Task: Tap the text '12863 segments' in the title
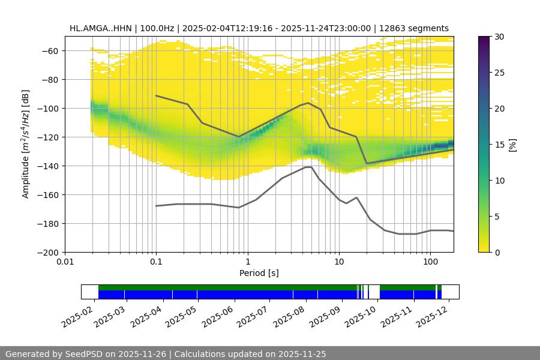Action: [418, 28]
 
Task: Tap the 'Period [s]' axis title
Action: [259, 273]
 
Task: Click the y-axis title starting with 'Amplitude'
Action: [26, 144]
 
